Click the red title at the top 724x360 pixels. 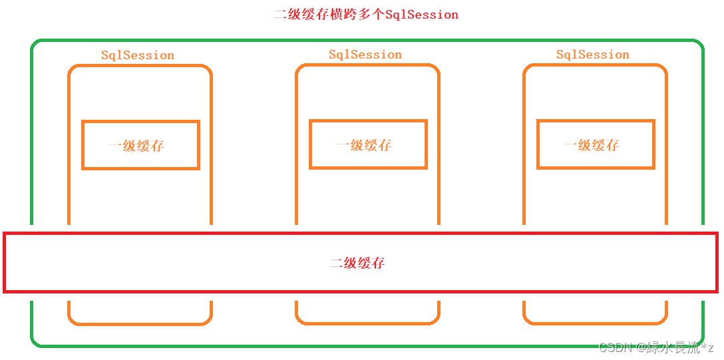point(366,14)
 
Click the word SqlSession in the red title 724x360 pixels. point(422,14)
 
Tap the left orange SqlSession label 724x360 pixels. point(138,55)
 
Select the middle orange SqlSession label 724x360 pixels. point(365,55)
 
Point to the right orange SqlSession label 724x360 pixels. point(593,55)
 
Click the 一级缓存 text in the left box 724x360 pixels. point(136,146)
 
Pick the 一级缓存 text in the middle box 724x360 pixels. point(364,145)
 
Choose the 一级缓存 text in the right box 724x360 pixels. point(592,145)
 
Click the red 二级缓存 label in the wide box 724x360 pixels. point(357,263)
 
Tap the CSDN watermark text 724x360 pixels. point(656,347)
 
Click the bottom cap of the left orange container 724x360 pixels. point(140,323)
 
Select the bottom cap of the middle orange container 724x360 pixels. point(367,323)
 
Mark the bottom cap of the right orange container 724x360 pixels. point(595,323)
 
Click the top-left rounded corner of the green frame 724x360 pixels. point(35,44)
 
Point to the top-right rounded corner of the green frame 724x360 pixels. point(699,44)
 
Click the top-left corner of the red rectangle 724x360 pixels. point(5,234)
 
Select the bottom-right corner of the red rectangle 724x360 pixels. point(717,291)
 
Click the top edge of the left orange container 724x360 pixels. point(140,66)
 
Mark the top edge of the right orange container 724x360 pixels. point(595,65)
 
